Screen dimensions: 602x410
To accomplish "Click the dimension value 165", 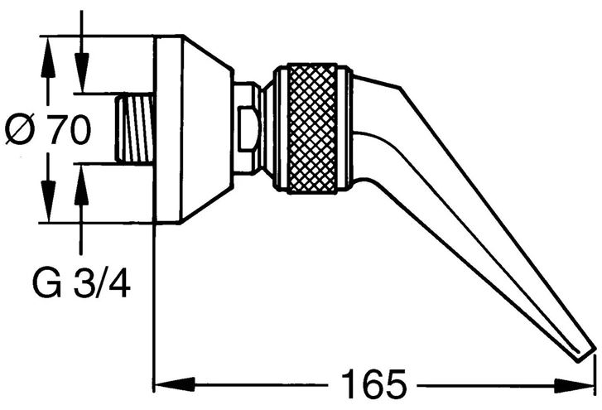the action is [373, 383].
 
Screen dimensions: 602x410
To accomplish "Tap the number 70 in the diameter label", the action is [69, 129].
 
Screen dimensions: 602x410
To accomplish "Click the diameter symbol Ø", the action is [20, 129].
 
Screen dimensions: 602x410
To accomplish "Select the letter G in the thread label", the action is [47, 284].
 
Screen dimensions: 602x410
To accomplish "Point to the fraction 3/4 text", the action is [102, 284].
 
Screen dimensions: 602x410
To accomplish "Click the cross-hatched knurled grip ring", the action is [313, 128].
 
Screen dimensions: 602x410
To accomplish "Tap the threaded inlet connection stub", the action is [135, 128].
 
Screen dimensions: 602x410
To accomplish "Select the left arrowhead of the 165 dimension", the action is [174, 383].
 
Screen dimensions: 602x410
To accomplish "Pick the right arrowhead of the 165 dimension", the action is [575, 386].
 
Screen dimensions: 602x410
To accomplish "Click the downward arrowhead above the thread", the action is [81, 73].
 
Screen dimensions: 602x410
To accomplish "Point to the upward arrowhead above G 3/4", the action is [80, 184].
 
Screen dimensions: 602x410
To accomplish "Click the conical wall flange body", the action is [193, 129].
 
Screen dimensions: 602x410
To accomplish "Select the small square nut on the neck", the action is [248, 129].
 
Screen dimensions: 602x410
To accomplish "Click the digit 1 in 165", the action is [349, 383].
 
